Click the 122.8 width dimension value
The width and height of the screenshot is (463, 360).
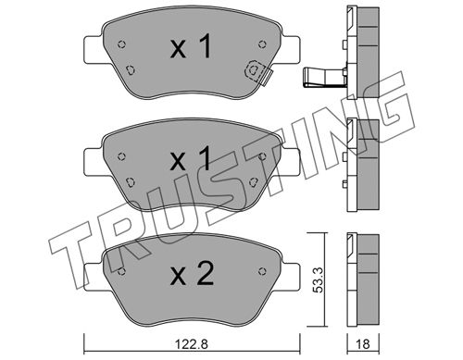pos(192,344)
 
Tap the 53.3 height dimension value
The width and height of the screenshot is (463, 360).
pos(319,280)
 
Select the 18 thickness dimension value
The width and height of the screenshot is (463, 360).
pos(363,344)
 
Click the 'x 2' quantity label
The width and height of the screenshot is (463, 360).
pos(192,273)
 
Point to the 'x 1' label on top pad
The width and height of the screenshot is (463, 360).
pos(191,46)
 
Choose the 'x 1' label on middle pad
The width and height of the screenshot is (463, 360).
pos(191,159)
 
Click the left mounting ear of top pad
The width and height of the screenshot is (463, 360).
pos(94,50)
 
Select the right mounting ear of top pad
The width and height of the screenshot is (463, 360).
pos(291,50)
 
